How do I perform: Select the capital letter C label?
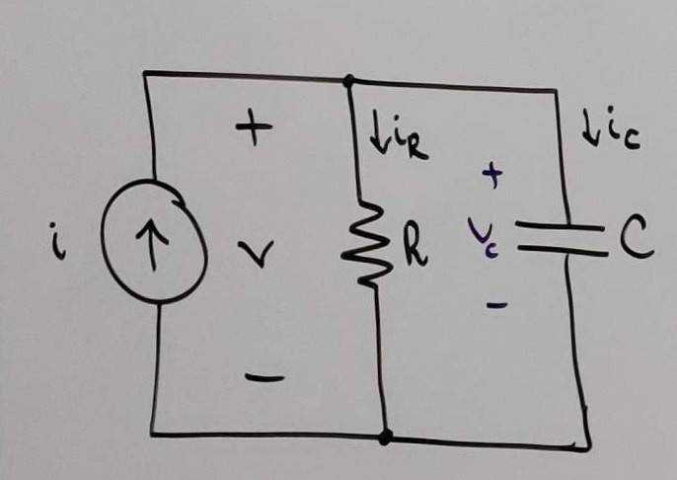(638, 238)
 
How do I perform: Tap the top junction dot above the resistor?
(347, 79)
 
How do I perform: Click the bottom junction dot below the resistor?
(386, 436)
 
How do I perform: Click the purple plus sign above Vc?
(491, 176)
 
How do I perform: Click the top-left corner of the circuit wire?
(145, 73)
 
